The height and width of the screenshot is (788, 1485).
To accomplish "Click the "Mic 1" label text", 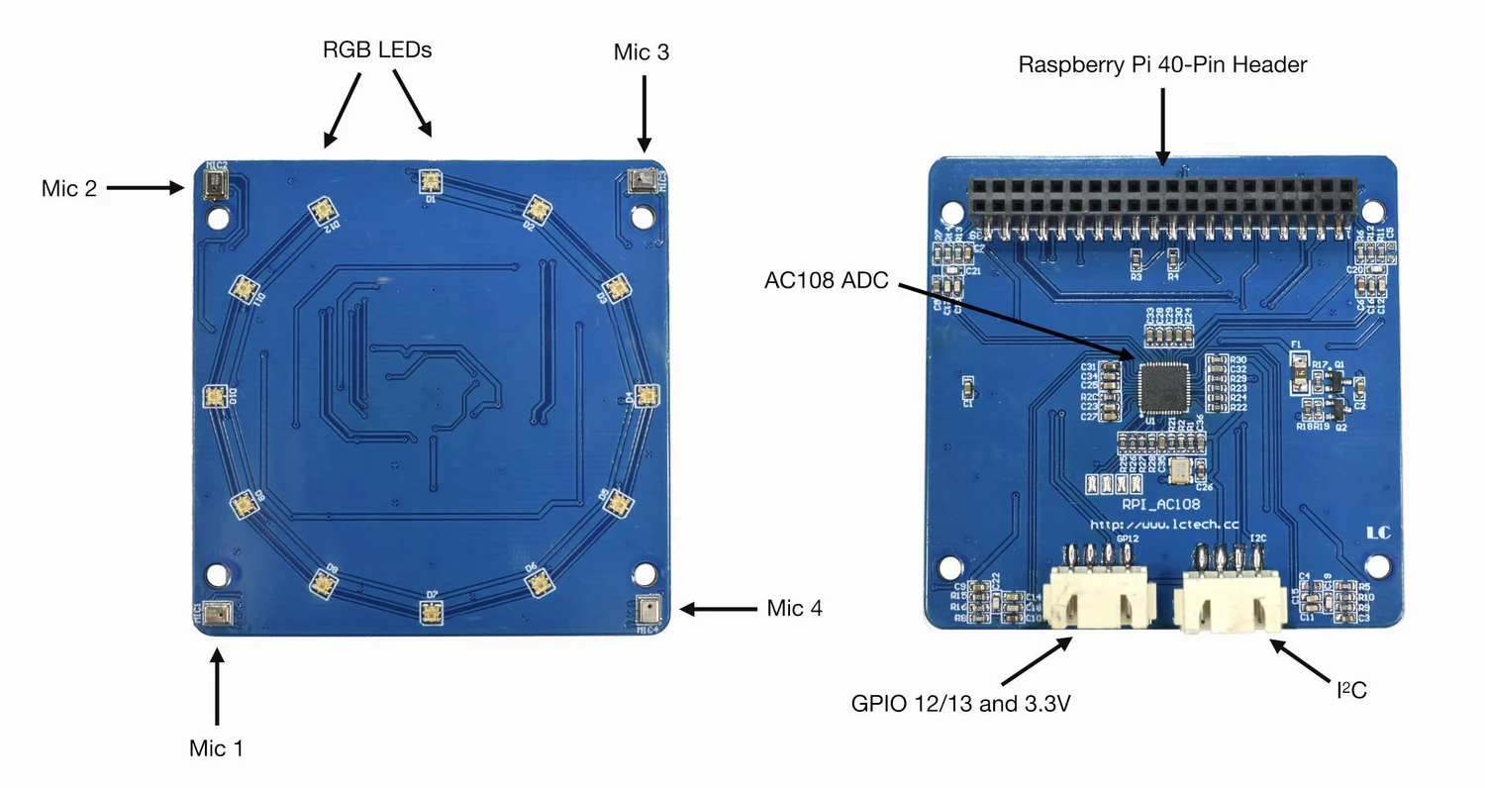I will coord(216,748).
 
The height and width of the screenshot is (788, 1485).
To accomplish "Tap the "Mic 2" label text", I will coord(69,188).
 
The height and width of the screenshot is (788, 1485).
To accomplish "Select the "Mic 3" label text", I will coord(642,52).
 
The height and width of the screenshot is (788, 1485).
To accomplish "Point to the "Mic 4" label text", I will coord(794,608).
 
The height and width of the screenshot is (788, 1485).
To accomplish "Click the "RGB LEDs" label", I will coord(377,49).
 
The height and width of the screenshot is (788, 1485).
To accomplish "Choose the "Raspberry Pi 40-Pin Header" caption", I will coord(1162,65).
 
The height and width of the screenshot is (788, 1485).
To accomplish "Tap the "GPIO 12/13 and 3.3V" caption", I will coord(961,704).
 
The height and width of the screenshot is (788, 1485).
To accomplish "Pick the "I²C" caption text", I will coord(1350,690).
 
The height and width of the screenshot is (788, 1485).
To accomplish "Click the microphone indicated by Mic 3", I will coord(643,180).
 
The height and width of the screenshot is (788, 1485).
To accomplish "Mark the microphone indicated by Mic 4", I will coord(646,609).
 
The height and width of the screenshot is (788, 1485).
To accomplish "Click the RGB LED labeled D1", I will coord(430,180).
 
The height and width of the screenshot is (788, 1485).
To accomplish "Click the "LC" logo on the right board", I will coord(1378,533).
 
